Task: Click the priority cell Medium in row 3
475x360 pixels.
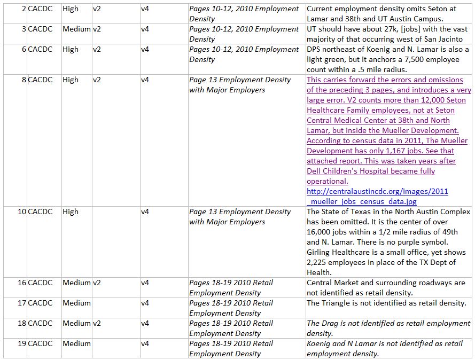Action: pos(76,29)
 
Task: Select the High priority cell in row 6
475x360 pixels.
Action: pos(71,50)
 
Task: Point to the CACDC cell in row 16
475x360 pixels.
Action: pos(40,283)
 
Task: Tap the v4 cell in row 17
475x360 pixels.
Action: pos(145,303)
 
